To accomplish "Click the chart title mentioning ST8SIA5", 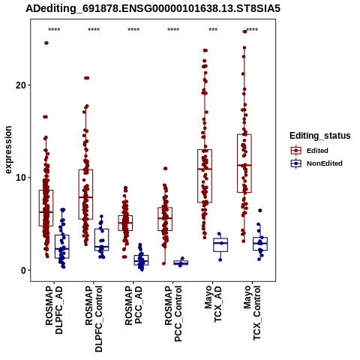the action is tap(153, 9).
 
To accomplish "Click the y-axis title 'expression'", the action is tap(8, 150).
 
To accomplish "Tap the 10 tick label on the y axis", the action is tap(21, 178).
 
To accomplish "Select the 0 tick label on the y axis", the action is tap(24, 270).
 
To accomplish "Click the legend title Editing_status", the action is tap(320, 136).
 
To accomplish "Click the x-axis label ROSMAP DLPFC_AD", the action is tap(54, 310).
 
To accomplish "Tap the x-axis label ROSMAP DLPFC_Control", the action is tap(94, 319).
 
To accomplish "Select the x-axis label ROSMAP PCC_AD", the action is tap(133, 306).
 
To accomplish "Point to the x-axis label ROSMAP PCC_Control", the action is tap(173, 314).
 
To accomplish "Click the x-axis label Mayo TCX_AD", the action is tap(213, 304).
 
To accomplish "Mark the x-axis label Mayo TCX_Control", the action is tap(252, 313).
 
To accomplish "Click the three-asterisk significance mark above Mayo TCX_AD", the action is tap(213, 30).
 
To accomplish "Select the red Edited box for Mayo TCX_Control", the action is tap(244, 163).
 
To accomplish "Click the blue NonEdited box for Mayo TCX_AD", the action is tap(220, 245).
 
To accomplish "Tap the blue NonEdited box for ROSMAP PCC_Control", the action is tap(181, 262).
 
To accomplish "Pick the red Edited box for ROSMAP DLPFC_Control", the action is tap(85, 194).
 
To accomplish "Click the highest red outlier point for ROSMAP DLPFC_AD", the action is tap(46, 43).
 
